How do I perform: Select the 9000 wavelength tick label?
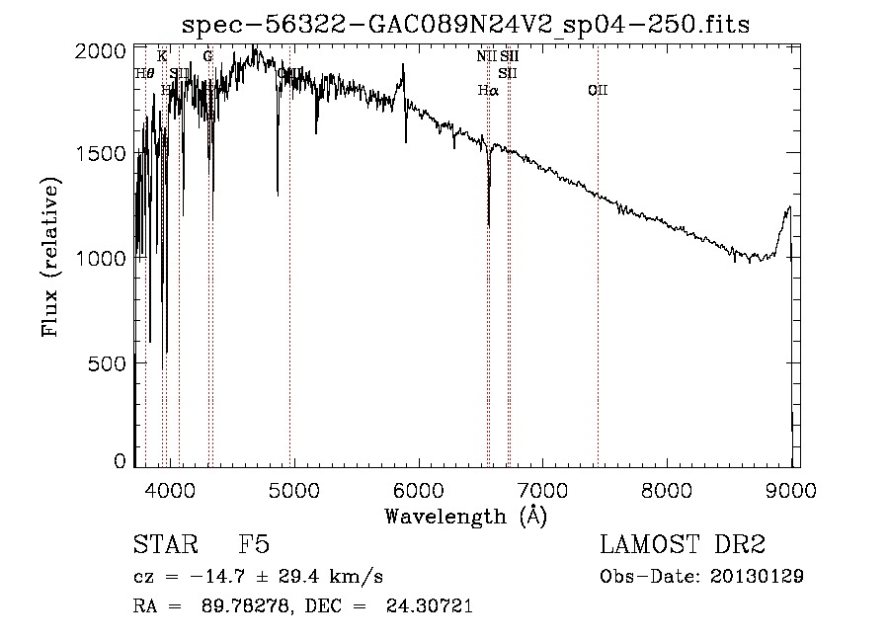pyautogui.click(x=790, y=488)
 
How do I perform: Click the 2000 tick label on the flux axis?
pyautogui.click(x=105, y=49)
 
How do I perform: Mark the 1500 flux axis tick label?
pyautogui.click(x=105, y=153)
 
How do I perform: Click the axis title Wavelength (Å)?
pyautogui.click(x=465, y=516)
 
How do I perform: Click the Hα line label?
pyautogui.click(x=488, y=91)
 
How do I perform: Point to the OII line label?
pyautogui.click(x=598, y=91)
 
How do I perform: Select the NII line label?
pyautogui.click(x=486, y=56)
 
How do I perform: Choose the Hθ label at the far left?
pyautogui.click(x=144, y=73)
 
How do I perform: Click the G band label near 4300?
pyautogui.click(x=207, y=56)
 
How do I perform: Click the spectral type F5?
pyautogui.click(x=253, y=546)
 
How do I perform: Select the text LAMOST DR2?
pyautogui.click(x=683, y=546)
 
